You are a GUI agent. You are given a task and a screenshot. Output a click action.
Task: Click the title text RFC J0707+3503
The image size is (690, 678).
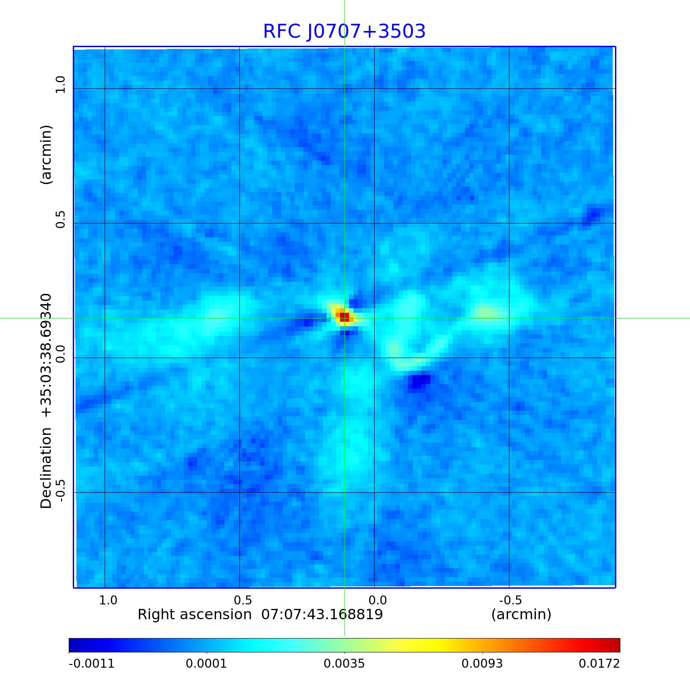344,31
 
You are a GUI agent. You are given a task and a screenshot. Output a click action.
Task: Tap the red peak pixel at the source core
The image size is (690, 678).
344,316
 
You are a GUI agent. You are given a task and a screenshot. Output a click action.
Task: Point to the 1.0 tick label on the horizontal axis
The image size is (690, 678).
108,600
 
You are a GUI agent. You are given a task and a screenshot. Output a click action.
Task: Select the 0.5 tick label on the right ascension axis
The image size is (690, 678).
243,600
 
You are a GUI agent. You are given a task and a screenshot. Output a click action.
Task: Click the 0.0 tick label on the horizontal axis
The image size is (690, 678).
377,600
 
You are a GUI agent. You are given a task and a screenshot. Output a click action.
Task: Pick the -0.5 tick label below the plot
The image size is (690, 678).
510,600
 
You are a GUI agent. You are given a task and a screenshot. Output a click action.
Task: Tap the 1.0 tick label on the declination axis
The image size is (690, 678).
60,84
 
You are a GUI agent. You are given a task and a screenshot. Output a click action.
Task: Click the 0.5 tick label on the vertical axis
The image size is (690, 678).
60,219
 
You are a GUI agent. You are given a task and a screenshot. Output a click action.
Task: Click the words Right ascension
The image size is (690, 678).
195,614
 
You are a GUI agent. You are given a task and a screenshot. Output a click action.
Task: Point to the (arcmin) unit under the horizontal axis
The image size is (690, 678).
521,614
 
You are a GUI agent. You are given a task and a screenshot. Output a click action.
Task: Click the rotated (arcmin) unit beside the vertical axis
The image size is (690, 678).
46,155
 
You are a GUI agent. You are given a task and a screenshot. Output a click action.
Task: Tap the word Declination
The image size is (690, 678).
46,468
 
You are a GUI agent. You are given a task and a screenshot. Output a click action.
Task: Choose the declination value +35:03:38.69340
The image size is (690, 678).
46,355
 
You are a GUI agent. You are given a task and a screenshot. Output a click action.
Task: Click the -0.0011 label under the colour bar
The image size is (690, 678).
92,663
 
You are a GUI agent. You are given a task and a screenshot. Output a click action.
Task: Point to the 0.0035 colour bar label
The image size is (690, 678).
345,663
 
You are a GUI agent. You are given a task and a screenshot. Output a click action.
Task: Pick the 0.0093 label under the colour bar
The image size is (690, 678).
482,663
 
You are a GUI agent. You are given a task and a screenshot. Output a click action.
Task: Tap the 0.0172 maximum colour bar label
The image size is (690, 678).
599,663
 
